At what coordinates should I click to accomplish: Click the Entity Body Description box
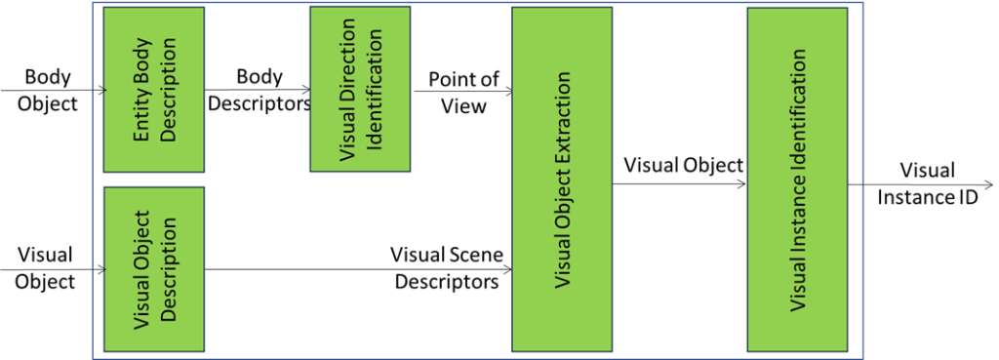tap(154, 90)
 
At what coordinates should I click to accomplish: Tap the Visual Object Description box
tap(154, 269)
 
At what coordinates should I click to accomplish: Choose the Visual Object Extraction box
tap(562, 179)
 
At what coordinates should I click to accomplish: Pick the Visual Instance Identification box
tap(797, 179)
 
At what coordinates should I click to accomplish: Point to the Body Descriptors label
tap(258, 90)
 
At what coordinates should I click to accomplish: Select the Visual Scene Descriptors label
tap(446, 268)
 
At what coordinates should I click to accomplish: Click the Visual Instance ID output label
tap(928, 182)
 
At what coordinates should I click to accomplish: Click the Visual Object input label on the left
tap(46, 268)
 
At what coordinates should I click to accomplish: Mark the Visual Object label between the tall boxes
tap(683, 165)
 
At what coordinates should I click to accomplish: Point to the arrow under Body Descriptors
tap(258, 91)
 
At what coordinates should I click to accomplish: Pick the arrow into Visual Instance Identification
tap(683, 181)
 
